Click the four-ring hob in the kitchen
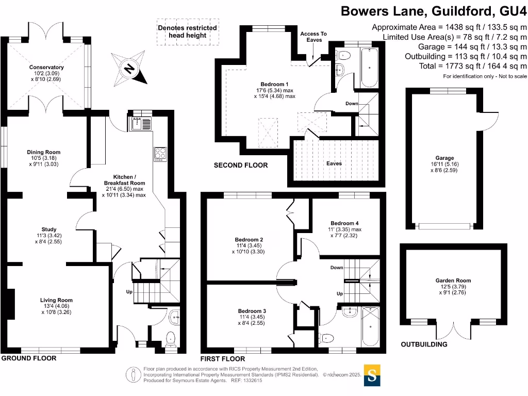(x=160, y=153)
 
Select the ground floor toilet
(x=170, y=338)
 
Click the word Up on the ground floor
(x=129, y=292)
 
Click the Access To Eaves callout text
(x=313, y=37)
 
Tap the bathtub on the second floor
(x=370, y=68)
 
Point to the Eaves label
(x=334, y=163)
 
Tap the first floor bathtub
(x=370, y=326)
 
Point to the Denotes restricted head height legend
(x=187, y=31)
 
